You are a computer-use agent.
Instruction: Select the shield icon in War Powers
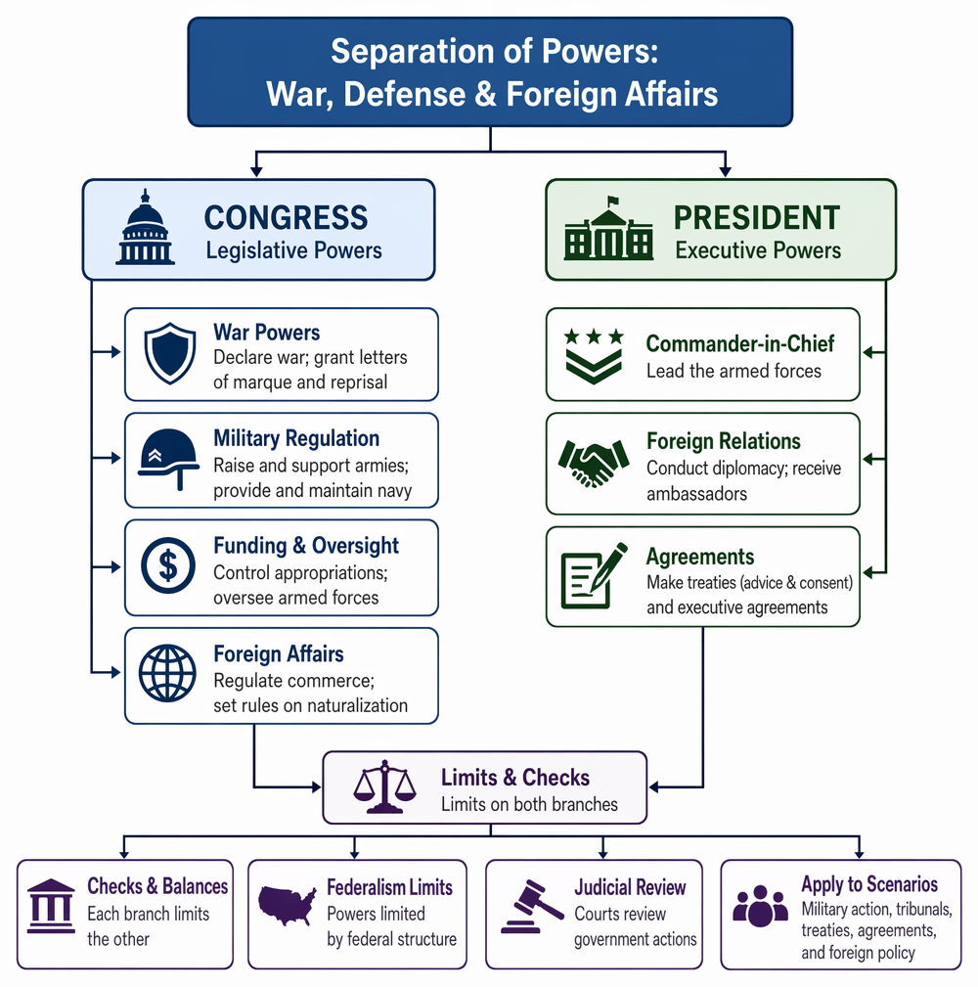(169, 353)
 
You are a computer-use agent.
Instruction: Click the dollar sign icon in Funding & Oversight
(168, 565)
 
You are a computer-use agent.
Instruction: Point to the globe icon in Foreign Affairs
(167, 673)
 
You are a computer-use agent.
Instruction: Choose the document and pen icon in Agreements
(594, 575)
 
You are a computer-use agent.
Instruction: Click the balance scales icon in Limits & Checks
(384, 786)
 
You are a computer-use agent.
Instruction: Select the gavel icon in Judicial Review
(532, 906)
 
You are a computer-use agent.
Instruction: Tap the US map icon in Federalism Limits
(288, 905)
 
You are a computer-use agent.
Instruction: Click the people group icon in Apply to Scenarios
(760, 906)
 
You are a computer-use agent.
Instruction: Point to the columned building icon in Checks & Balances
(51, 906)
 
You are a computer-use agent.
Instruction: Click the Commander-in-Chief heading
(740, 343)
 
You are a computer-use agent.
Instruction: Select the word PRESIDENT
(757, 218)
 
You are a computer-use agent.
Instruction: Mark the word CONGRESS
(286, 218)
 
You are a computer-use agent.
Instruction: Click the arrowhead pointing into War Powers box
(115, 352)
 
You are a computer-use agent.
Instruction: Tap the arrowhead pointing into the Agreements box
(867, 573)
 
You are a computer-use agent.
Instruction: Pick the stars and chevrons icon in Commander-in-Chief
(594, 356)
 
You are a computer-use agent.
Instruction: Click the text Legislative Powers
(294, 250)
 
